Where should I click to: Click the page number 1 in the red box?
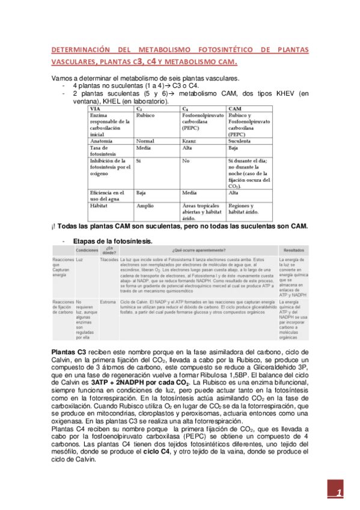[x=339, y=493]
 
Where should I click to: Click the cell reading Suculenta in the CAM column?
[x=240, y=141]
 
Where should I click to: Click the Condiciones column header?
[x=87, y=249]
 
